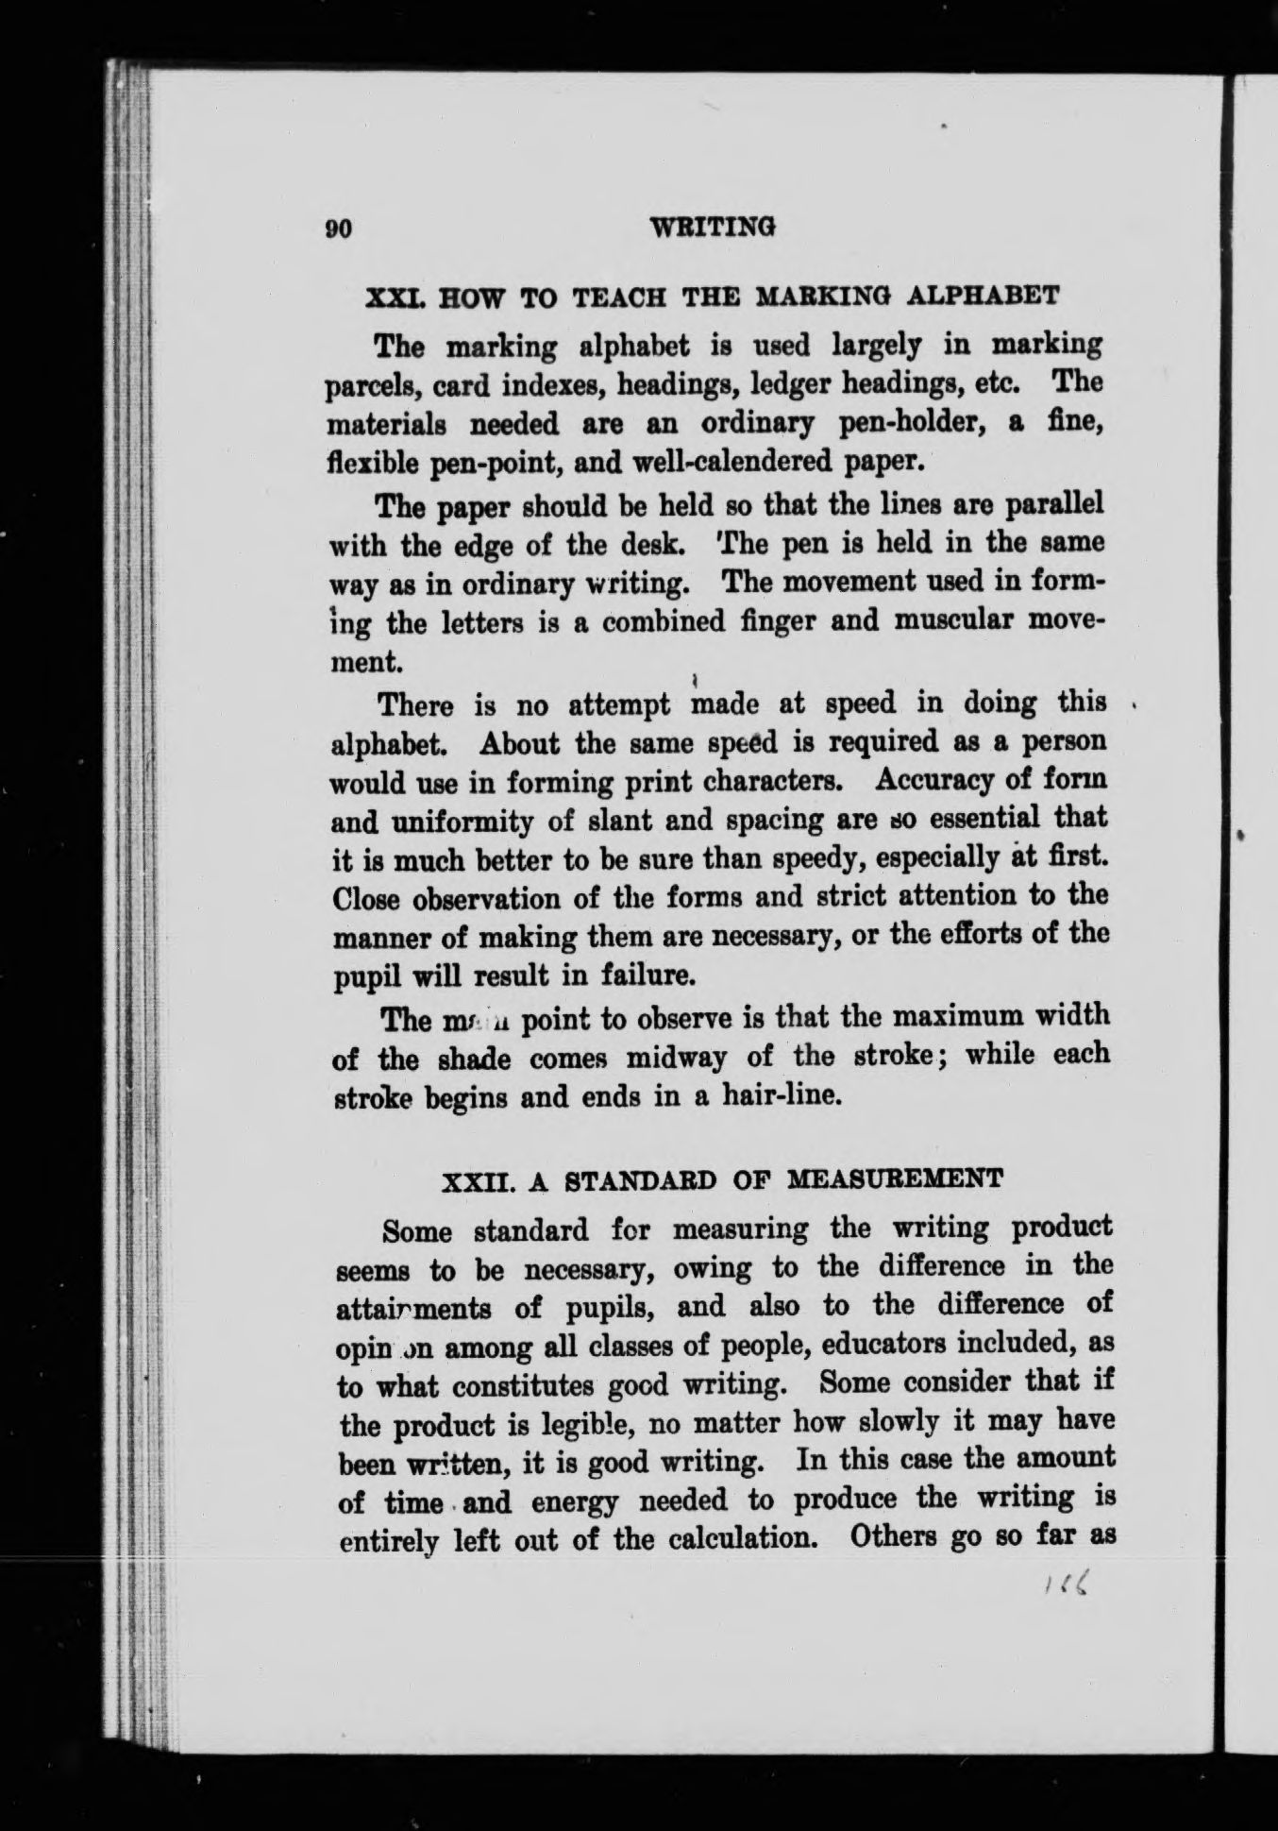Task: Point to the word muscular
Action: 926,621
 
